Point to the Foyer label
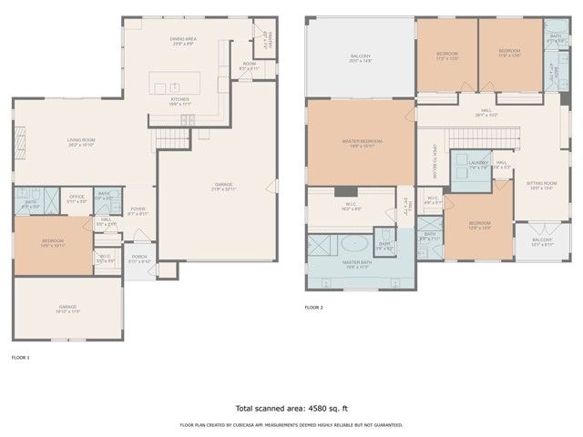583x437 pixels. tap(138, 210)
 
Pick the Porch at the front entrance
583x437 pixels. tap(139, 258)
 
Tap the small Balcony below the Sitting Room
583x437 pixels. tap(541, 240)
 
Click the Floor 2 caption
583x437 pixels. tap(313, 308)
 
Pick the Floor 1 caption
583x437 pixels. tap(20, 357)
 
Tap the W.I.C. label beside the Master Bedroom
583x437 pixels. tap(350, 207)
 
